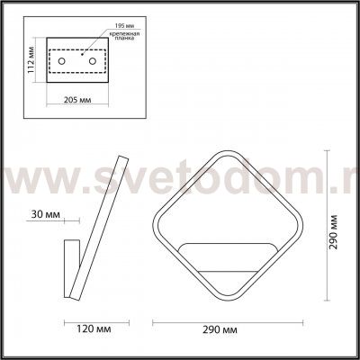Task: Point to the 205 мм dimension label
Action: point(71,100)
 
